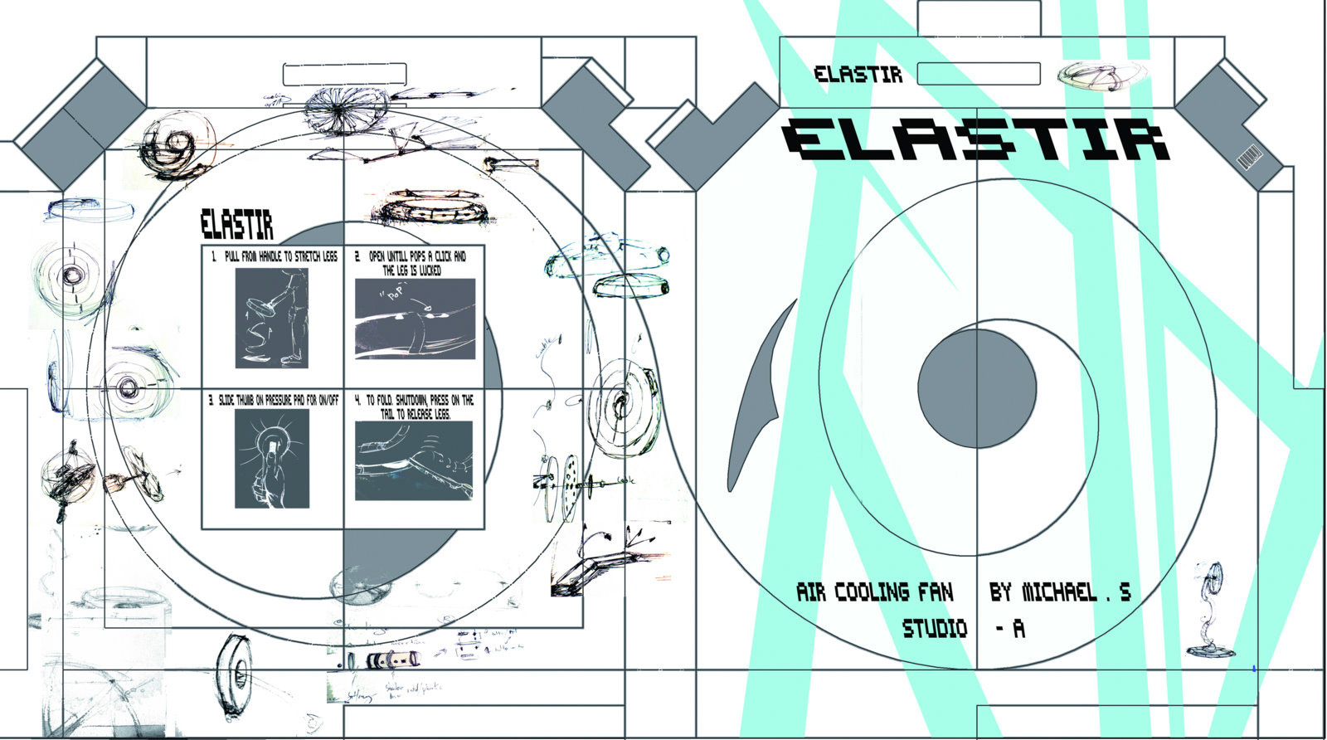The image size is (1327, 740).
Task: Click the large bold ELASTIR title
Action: [x=977, y=139]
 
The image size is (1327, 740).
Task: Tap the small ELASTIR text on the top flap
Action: [x=858, y=74]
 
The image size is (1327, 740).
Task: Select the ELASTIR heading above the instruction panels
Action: [x=237, y=225]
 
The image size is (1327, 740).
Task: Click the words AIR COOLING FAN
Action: [x=875, y=592]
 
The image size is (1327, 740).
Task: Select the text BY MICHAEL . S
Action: [x=1060, y=592]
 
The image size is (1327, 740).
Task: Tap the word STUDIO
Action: [x=935, y=629]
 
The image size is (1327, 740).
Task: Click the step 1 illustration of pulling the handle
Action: [x=271, y=318]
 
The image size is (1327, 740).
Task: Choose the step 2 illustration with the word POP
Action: [x=415, y=319]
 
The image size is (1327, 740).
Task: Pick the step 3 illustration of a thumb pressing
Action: [x=272, y=458]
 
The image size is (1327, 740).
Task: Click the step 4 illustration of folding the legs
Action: [x=414, y=460]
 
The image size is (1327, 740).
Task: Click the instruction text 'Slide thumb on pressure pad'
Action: [x=274, y=400]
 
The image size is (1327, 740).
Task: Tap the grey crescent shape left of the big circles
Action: [x=756, y=385]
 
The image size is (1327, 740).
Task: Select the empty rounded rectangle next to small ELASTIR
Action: [x=979, y=74]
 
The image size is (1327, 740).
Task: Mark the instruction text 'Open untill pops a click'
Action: [x=411, y=263]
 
